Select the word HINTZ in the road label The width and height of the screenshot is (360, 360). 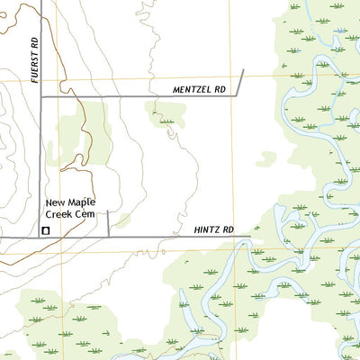[x=207, y=230]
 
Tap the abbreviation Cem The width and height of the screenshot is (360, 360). [x=85, y=214]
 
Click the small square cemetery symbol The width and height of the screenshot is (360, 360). [x=45, y=230]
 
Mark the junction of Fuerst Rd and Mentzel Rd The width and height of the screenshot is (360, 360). [x=41, y=95]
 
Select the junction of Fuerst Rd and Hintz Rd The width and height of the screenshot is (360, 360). [x=41, y=237]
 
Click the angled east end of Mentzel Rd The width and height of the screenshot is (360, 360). [x=243, y=70]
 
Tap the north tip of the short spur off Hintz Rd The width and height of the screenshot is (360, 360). [x=108, y=211]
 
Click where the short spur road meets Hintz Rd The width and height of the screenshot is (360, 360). [x=108, y=237]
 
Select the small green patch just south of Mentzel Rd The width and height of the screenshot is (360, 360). [x=164, y=115]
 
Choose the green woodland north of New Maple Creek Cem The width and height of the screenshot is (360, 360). [x=79, y=135]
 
